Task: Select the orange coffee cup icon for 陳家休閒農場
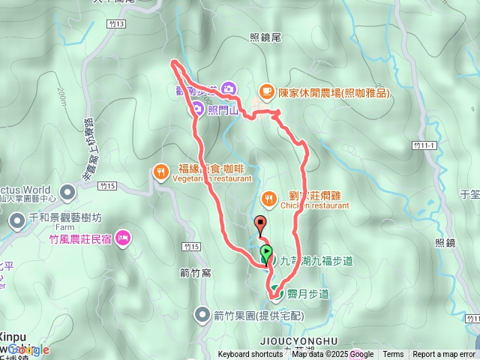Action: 265,91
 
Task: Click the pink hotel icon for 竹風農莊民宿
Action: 123,238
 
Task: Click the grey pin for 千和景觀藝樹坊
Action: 17,220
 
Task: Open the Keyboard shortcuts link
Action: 250,355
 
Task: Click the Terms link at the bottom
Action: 393,355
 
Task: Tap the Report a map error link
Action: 443,355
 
